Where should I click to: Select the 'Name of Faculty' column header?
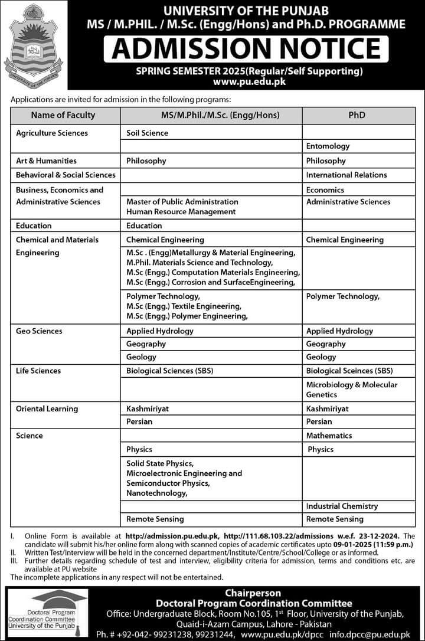63,115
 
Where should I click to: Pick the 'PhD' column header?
357,115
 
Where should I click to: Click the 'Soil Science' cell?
147,133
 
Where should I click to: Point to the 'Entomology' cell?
328,146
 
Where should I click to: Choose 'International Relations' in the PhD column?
346,175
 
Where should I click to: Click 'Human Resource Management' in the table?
181,211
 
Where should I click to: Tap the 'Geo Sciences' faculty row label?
39,331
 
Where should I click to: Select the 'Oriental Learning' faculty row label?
47,408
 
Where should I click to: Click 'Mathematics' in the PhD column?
329,436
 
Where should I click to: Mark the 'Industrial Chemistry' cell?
342,506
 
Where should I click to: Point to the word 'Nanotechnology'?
156,493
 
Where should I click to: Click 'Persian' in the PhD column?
319,421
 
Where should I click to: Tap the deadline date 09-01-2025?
334,543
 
